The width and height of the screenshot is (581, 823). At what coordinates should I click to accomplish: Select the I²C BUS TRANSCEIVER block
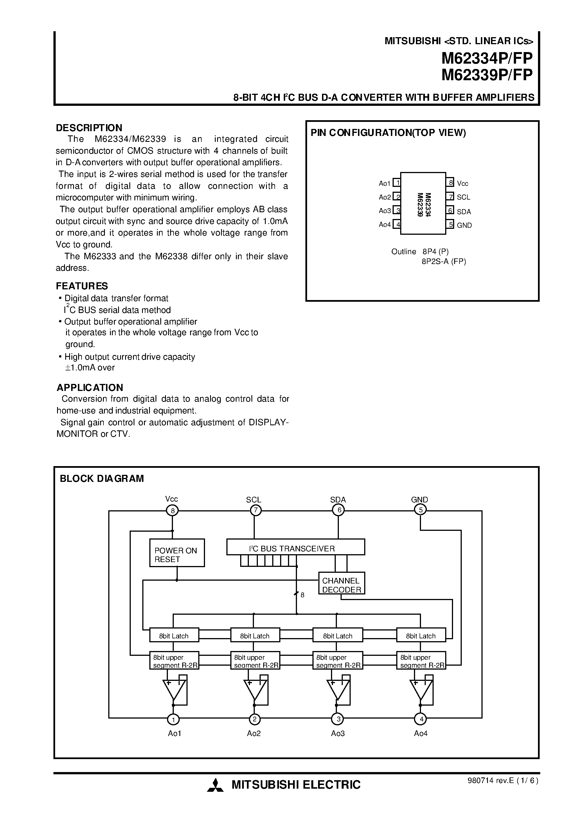coord(296,547)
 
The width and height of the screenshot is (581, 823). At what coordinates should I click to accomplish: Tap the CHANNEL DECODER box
coord(341,583)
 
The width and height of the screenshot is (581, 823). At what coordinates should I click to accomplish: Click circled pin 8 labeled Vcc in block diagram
coord(172,510)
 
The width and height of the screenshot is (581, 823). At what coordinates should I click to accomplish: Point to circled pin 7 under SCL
coord(255,510)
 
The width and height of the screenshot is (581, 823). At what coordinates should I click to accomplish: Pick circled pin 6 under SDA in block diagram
coord(338,510)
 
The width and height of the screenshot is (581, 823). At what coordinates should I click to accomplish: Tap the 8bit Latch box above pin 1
coord(174,636)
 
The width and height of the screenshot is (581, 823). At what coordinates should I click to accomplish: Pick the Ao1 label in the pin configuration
coord(384,184)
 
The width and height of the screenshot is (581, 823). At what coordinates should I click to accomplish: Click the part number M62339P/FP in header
coord(487,75)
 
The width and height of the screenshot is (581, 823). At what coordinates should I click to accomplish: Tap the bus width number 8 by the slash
coord(302,595)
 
